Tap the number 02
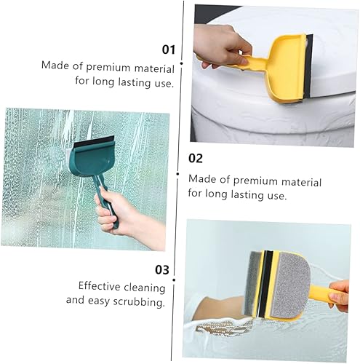196,158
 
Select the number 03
161,270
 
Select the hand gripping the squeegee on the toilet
222,44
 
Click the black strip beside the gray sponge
266,280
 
